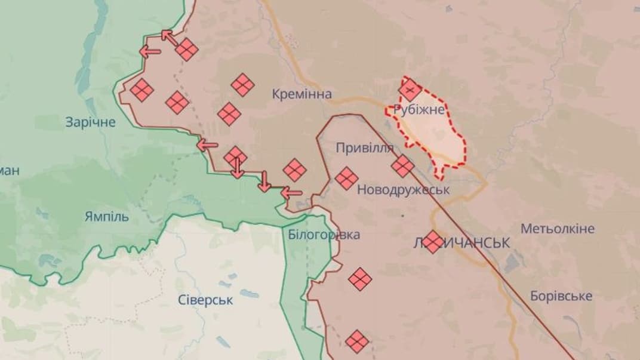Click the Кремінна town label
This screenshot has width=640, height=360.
(x=301, y=94)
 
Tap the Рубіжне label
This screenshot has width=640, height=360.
(x=419, y=110)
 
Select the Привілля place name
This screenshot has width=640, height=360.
(x=365, y=148)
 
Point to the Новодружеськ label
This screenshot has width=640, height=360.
(x=403, y=189)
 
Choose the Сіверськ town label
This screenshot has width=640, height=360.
(x=205, y=300)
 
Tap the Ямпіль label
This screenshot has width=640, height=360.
(x=106, y=217)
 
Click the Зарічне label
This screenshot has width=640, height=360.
(x=91, y=122)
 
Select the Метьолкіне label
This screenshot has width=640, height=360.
(x=557, y=229)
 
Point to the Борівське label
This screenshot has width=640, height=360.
(x=561, y=296)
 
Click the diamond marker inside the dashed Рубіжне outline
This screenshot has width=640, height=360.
(x=410, y=91)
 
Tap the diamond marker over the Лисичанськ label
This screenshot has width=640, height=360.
(x=433, y=241)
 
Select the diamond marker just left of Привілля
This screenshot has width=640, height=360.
(x=346, y=178)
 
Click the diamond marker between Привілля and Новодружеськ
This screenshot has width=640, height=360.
(x=402, y=166)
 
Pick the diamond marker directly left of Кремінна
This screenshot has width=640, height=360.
(x=243, y=85)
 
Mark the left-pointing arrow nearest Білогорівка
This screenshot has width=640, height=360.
(x=291, y=192)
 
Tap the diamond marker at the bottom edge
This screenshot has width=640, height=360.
(x=357, y=341)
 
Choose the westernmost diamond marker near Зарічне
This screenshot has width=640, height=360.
(x=142, y=90)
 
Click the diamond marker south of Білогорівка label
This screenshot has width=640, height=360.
(x=360, y=279)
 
